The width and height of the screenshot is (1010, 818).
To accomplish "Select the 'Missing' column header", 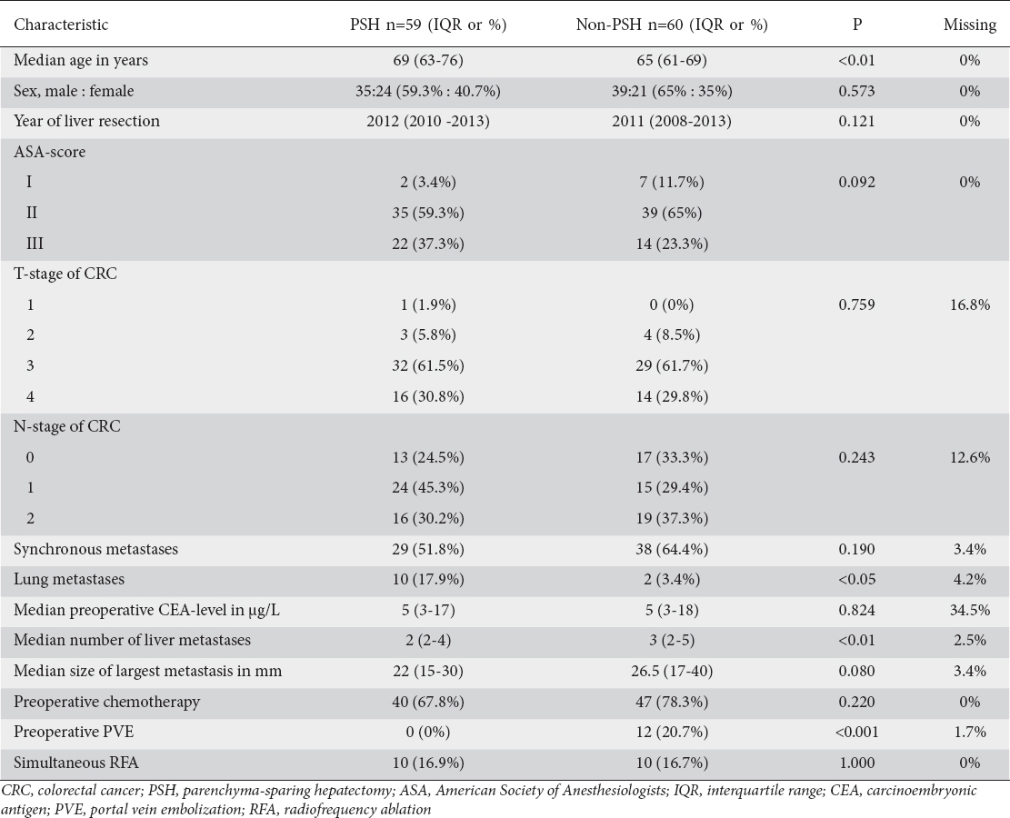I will [969, 25].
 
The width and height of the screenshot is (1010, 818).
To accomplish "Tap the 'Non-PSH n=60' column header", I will [672, 25].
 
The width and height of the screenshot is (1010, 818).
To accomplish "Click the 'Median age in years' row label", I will [81, 60].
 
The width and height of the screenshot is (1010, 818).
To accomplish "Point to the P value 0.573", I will [855, 91].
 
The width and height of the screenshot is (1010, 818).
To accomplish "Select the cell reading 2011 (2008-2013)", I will [672, 121].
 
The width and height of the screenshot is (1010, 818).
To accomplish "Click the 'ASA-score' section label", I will [50, 152].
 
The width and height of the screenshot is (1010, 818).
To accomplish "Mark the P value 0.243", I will [855, 457].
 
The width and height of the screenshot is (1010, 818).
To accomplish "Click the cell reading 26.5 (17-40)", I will [672, 671].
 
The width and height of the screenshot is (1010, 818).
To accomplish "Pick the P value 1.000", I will [855, 763].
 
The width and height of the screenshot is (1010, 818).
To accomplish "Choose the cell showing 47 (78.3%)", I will [672, 702].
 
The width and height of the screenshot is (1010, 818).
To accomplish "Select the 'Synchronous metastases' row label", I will [95, 549].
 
